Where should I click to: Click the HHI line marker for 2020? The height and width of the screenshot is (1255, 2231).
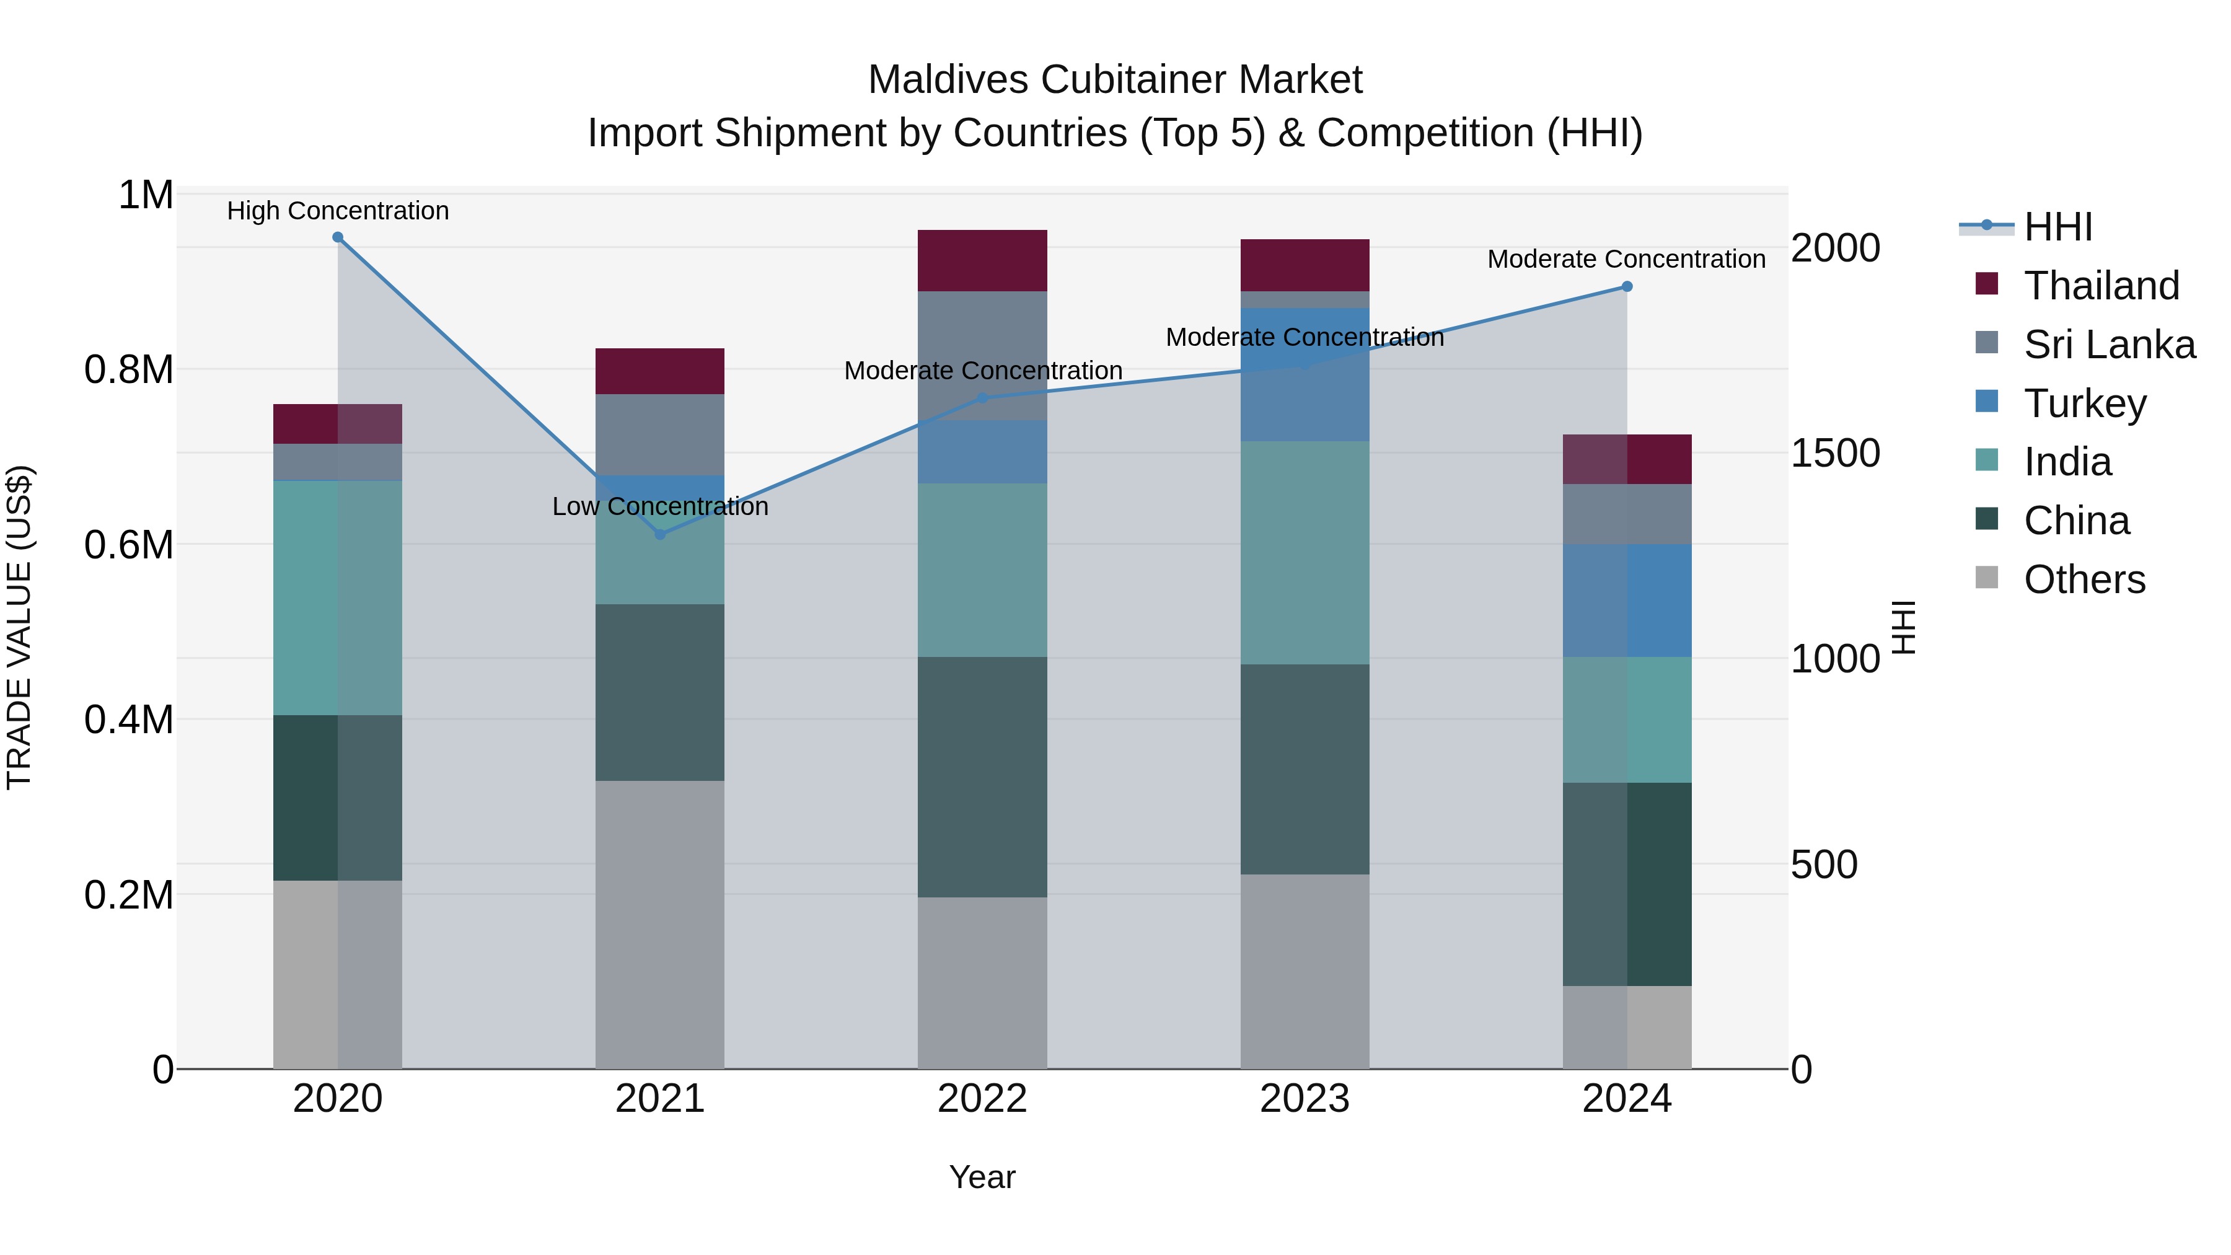(338, 237)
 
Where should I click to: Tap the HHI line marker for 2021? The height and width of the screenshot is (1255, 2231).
(660, 534)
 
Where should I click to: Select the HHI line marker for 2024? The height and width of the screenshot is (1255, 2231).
(1627, 287)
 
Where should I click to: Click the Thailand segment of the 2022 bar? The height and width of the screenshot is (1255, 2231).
(982, 261)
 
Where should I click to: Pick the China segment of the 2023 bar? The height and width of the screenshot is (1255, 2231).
(1305, 769)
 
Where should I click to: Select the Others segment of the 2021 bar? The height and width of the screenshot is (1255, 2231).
(660, 924)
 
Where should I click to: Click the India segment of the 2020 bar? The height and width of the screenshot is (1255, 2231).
(338, 597)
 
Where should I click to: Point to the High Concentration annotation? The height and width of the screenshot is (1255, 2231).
(338, 211)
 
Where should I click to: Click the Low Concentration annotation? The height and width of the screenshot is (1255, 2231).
(660, 507)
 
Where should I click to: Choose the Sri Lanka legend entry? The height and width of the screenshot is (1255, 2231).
(2109, 345)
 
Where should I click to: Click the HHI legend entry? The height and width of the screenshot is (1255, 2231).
(2057, 227)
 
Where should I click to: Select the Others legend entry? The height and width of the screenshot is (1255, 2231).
(2084, 579)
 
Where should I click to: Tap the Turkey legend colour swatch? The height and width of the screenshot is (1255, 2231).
(1987, 402)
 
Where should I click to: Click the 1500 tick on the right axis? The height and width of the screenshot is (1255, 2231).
(1834, 453)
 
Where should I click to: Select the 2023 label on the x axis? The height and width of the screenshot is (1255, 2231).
(1305, 1099)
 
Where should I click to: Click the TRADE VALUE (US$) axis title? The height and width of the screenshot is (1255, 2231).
(19, 627)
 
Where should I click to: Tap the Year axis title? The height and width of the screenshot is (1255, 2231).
(982, 1177)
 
